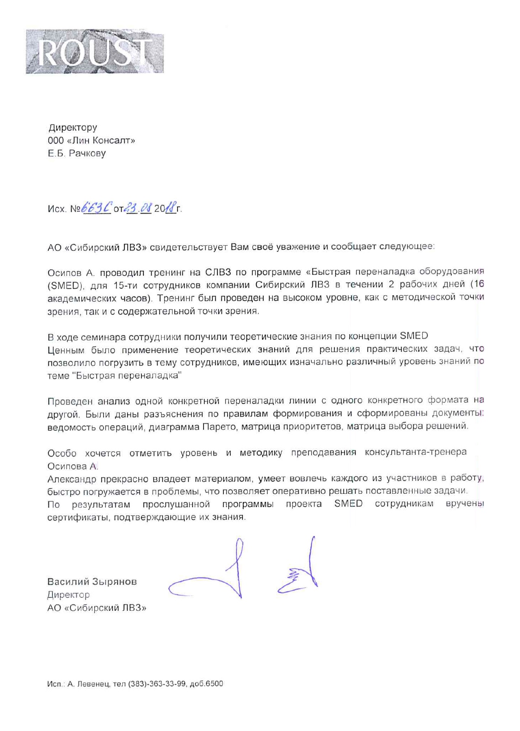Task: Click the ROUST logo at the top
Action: coord(95,52)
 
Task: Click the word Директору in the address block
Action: coord(73,128)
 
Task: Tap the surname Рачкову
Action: coord(87,154)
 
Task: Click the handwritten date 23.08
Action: coord(138,208)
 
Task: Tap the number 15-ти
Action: coord(126,285)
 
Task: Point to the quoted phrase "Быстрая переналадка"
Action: coord(127,375)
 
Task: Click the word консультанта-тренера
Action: coord(416,452)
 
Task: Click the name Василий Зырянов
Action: coord(92,582)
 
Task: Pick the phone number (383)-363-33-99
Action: coord(158,684)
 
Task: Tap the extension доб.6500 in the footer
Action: coord(206,684)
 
